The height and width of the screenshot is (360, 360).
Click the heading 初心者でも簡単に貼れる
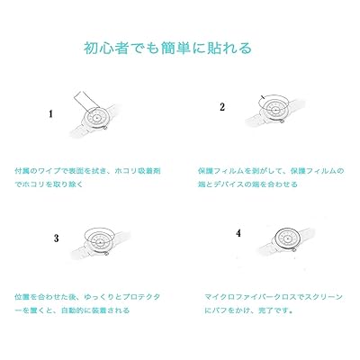coord(167,48)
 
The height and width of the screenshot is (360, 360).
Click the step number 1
coord(51,114)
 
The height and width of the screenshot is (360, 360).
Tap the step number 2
coord(222,107)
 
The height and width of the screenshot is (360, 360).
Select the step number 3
coord(57,238)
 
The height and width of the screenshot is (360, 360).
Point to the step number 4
coord(238,233)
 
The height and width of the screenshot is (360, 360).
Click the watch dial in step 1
coord(96,117)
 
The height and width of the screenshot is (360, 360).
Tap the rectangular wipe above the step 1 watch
coord(85,101)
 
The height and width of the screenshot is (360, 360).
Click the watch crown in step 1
coord(105,128)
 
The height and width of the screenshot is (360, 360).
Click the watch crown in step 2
coord(282,121)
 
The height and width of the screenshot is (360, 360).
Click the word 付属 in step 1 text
coord(22,171)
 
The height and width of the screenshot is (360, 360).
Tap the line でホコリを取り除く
coord(49,184)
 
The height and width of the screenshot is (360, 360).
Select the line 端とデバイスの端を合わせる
coord(247,184)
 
